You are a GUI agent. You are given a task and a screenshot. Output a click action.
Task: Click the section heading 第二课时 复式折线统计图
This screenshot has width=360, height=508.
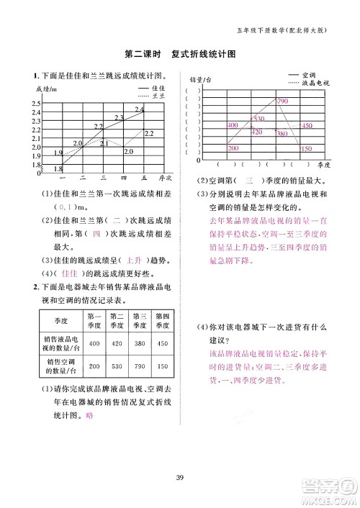180,55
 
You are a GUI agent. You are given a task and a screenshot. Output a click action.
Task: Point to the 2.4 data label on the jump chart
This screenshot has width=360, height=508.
139,109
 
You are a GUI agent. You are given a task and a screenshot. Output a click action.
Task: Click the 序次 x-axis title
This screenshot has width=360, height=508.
167,178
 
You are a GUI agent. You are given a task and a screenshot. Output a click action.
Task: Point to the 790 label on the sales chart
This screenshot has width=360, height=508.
282,101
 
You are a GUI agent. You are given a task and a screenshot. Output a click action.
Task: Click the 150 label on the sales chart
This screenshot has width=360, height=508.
305,148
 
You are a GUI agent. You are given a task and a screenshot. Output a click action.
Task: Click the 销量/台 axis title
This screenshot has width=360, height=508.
201,79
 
